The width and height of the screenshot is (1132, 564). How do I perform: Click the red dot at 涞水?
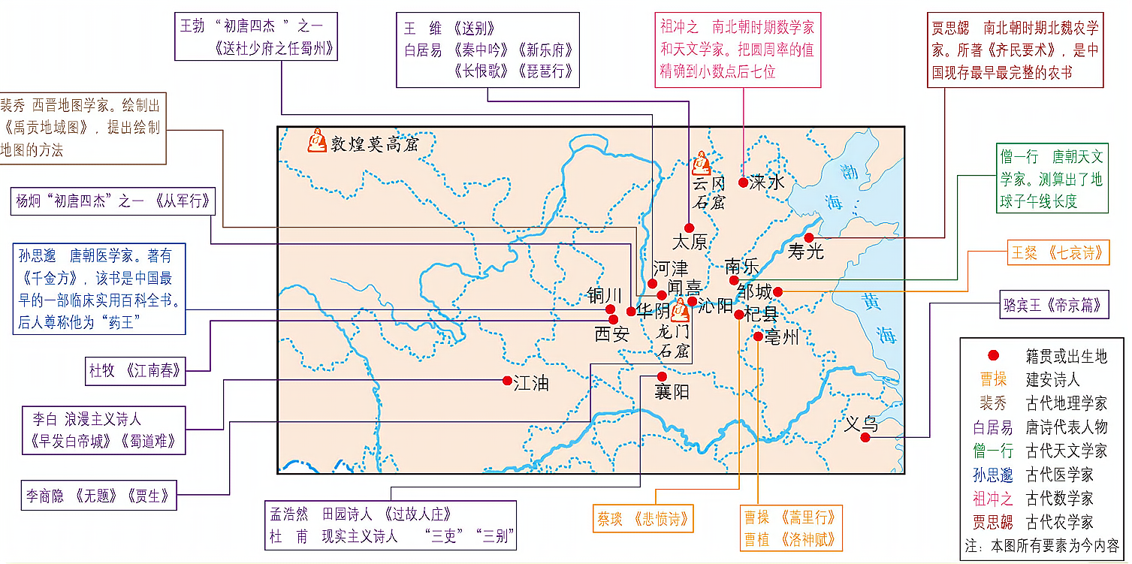pyautogui.click(x=743, y=182)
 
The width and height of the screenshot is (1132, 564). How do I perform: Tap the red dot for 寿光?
pyautogui.click(x=809, y=237)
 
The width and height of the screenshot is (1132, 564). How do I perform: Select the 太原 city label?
pyautogui.click(x=690, y=242)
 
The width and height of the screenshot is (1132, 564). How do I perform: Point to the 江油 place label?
pyautogui.click(x=531, y=383)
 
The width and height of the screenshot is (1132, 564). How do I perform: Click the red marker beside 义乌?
pyautogui.click(x=865, y=437)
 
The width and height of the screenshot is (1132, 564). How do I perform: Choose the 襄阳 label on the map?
pyautogui.click(x=672, y=391)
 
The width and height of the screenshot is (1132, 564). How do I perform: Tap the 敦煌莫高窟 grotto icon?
pyautogui.click(x=317, y=140)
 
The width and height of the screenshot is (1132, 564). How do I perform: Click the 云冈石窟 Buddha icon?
pyautogui.click(x=701, y=163)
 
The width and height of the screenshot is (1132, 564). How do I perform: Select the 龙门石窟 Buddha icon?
pyautogui.click(x=681, y=310)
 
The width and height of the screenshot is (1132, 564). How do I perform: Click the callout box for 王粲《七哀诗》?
pyautogui.click(x=1058, y=253)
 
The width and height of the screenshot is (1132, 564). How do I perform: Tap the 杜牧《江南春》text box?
pyautogui.click(x=135, y=370)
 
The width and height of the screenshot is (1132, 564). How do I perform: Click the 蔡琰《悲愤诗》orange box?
pyautogui.click(x=642, y=519)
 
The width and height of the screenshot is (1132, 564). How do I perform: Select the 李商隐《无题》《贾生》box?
pyautogui.click(x=98, y=496)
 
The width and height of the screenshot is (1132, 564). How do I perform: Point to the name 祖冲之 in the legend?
pyautogui.click(x=992, y=498)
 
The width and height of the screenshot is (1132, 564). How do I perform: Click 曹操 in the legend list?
pyautogui.click(x=992, y=379)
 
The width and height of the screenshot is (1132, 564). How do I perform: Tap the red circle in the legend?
pyautogui.click(x=993, y=356)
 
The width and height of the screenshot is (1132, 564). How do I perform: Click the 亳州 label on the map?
pyautogui.click(x=781, y=338)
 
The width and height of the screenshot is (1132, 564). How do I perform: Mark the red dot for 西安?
pyautogui.click(x=614, y=320)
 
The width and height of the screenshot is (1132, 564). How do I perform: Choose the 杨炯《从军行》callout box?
pyautogui.click(x=111, y=201)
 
